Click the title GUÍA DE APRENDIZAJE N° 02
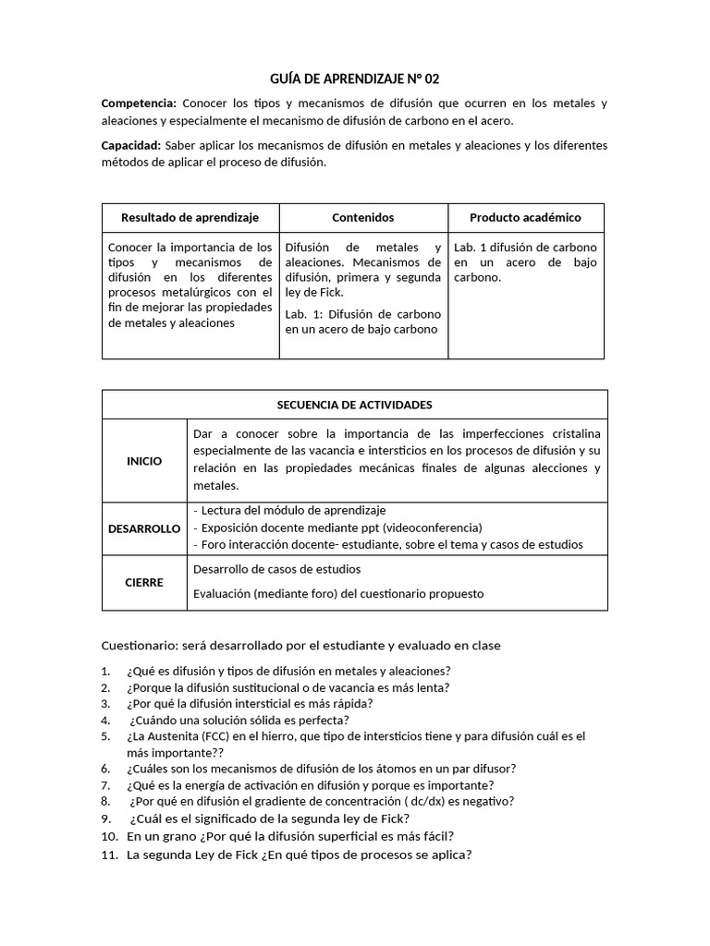point(355,79)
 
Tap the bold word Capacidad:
point(130,146)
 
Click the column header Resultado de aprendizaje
point(190,218)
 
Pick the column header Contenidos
point(362,218)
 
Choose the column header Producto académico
point(525,218)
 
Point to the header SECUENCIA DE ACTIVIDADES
point(354,405)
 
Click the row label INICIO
point(144,461)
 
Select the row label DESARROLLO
point(144,528)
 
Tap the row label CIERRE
point(144,583)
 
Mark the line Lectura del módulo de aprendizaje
point(290,510)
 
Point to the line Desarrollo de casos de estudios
point(276,569)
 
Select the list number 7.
point(105,784)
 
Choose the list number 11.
point(108,855)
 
